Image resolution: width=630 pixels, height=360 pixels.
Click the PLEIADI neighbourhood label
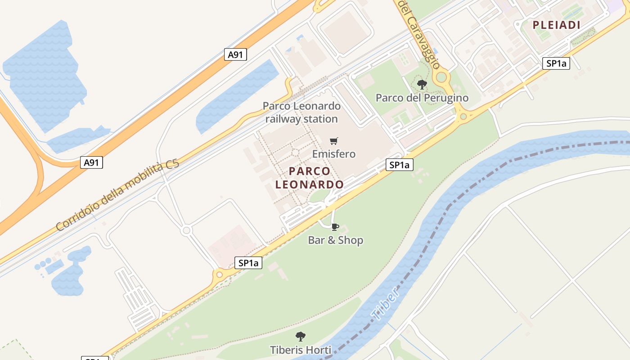pyautogui.click(x=556, y=25)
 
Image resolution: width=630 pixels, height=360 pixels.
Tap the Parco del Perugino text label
pyautogui.click(x=422, y=98)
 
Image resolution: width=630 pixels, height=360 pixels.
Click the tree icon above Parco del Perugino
pyautogui.click(x=422, y=84)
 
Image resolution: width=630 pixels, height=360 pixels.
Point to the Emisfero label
pyautogui.click(x=333, y=154)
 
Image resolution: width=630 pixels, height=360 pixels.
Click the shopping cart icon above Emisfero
pyautogui.click(x=333, y=141)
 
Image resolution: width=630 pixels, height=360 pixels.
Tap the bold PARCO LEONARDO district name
pyautogui.click(x=310, y=178)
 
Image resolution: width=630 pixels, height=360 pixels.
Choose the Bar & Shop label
pyautogui.click(x=335, y=240)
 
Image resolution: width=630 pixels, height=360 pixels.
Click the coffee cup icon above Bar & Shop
pyautogui.click(x=334, y=227)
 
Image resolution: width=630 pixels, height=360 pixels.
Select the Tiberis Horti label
pyautogui.click(x=300, y=350)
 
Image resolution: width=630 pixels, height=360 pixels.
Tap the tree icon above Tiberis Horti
pyautogui.click(x=300, y=336)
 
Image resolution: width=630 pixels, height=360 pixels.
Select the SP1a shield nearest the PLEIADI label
pyautogui.click(x=556, y=63)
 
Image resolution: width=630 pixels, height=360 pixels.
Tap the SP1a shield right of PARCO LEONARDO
pyautogui.click(x=400, y=165)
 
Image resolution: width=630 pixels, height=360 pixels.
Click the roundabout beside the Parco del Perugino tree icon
pyautogui.click(x=441, y=77)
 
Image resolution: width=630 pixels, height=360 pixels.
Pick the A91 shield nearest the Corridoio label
pyautogui.click(x=91, y=162)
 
